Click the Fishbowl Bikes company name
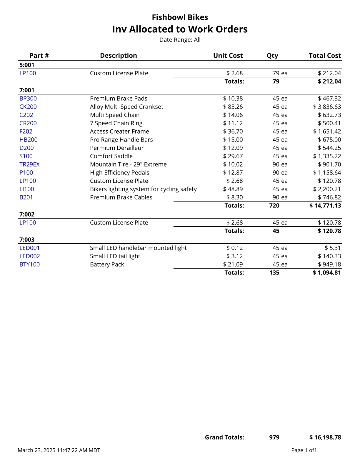[x=180, y=17]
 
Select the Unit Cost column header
[x=228, y=56]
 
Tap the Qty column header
[x=272, y=56]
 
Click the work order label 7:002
[x=27, y=214]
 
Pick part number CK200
[x=28, y=107]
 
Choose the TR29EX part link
[x=29, y=164]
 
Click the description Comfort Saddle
[x=111, y=156]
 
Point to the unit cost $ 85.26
[x=233, y=107]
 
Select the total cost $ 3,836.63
[x=327, y=107]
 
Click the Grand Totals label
[x=224, y=437]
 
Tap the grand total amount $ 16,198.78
[x=325, y=437]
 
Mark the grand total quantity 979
[x=274, y=437]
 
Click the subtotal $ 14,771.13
[x=325, y=206]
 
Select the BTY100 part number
[x=29, y=264]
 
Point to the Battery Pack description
[x=107, y=264]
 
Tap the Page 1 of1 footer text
[x=304, y=450]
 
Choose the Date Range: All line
[x=180, y=40]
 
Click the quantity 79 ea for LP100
[x=280, y=73]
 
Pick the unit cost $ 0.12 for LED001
[x=235, y=248]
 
